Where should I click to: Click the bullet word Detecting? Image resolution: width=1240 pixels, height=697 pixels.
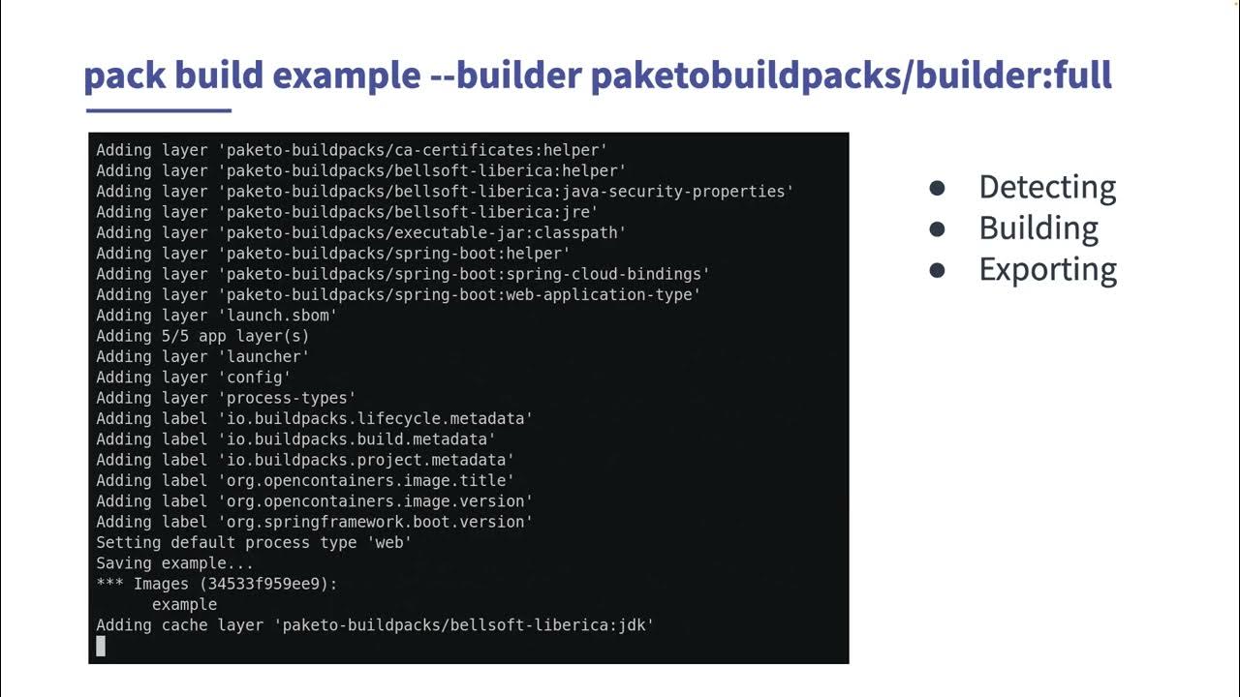pyautogui.click(x=1047, y=187)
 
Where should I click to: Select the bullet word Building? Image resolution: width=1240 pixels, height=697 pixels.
pyautogui.click(x=1038, y=228)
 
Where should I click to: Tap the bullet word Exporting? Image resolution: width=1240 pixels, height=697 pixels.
pyautogui.click(x=1047, y=269)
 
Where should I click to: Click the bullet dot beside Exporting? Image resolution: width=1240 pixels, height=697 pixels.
pyautogui.click(x=937, y=270)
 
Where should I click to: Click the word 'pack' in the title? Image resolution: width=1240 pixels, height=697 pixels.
pyautogui.click(x=125, y=75)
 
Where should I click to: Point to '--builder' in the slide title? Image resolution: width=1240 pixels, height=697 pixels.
pyautogui.click(x=505, y=75)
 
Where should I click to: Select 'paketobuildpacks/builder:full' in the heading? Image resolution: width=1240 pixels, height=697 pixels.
pyautogui.click(x=851, y=75)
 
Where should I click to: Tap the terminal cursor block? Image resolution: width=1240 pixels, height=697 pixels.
pyautogui.click(x=101, y=646)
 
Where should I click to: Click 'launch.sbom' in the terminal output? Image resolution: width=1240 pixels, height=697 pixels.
pyautogui.click(x=282, y=316)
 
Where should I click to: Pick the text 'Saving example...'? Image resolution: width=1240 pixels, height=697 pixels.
pyautogui.click(x=174, y=563)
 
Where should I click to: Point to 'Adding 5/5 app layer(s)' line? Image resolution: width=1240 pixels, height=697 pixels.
pyautogui.click(x=202, y=336)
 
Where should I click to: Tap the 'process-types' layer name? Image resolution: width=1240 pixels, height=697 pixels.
pyautogui.click(x=291, y=398)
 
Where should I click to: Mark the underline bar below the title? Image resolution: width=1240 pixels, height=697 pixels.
pyautogui.click(x=158, y=110)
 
